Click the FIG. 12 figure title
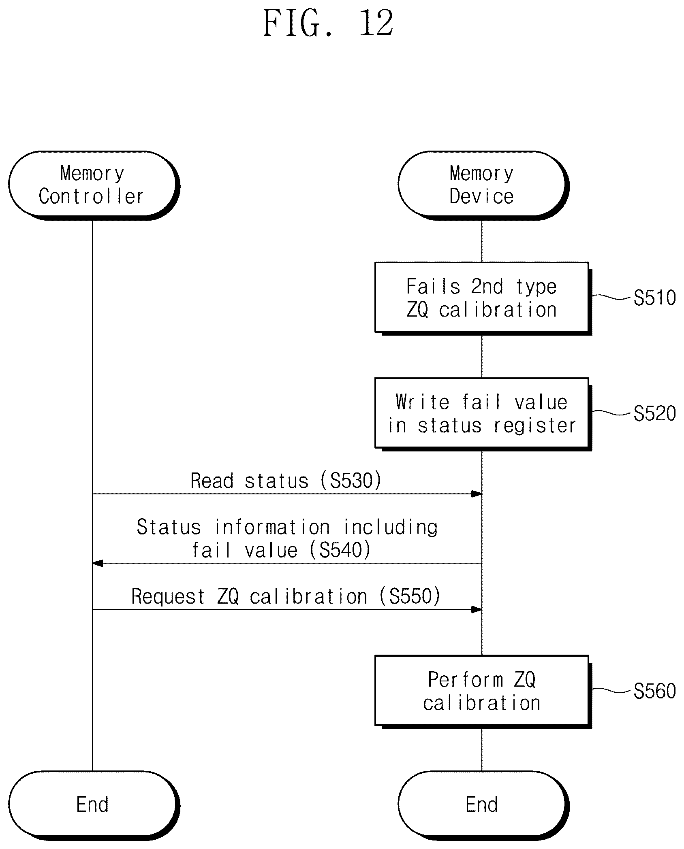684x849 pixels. [x=328, y=23]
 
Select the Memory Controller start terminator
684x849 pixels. [x=94, y=185]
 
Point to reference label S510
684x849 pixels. [x=654, y=298]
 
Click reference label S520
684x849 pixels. [x=654, y=413]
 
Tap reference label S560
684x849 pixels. [x=654, y=691]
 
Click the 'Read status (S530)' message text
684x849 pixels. [x=286, y=481]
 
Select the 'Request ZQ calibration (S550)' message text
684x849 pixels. [x=286, y=596]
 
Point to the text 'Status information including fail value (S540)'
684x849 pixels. [x=287, y=538]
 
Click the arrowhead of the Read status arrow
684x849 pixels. [x=477, y=494]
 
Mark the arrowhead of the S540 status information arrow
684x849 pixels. [x=98, y=563]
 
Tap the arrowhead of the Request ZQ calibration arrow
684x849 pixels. [x=477, y=609]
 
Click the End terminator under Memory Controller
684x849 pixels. [x=94, y=804]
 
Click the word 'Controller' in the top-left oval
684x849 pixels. [x=91, y=197]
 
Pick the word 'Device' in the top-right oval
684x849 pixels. [x=481, y=197]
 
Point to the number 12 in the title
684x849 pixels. [x=376, y=23]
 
